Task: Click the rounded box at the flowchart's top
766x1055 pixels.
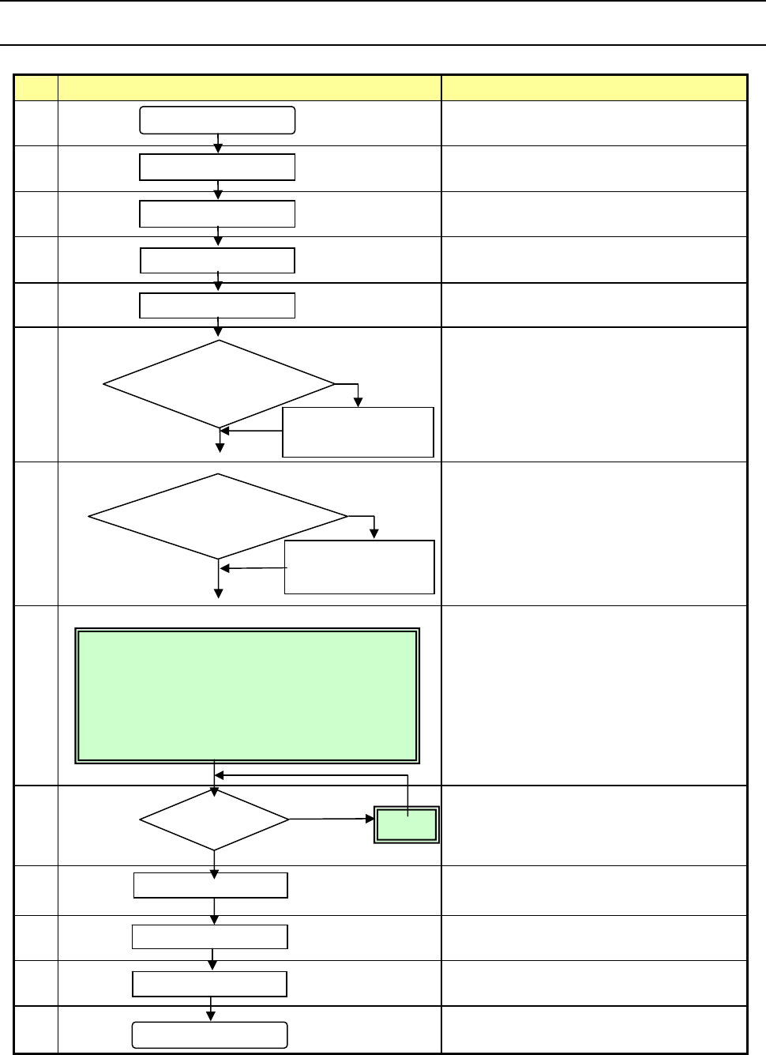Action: [217, 120]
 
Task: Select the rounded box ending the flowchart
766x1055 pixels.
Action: [209, 1034]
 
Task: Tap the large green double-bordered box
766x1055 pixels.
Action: [246, 696]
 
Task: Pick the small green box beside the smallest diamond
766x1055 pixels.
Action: [407, 825]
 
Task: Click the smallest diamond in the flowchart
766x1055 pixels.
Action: [214, 820]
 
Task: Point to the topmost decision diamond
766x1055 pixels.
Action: [219, 385]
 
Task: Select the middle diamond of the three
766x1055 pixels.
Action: [218, 517]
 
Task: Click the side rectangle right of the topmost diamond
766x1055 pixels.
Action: [358, 431]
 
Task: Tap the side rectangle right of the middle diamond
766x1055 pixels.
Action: [359, 567]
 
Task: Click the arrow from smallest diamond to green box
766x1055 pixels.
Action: [332, 820]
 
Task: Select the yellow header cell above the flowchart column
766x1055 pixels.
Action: [249, 88]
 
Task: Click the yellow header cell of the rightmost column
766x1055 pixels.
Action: [594, 88]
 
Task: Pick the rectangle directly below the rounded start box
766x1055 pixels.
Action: [217, 168]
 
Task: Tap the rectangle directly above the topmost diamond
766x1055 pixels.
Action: [217, 305]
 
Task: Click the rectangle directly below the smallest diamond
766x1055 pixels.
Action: [210, 885]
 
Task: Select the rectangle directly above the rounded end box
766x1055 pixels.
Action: [209, 984]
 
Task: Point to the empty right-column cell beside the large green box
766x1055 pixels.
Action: [594, 695]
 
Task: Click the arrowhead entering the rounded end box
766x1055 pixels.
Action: [210, 1017]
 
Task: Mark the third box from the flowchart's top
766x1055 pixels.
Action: [217, 214]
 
